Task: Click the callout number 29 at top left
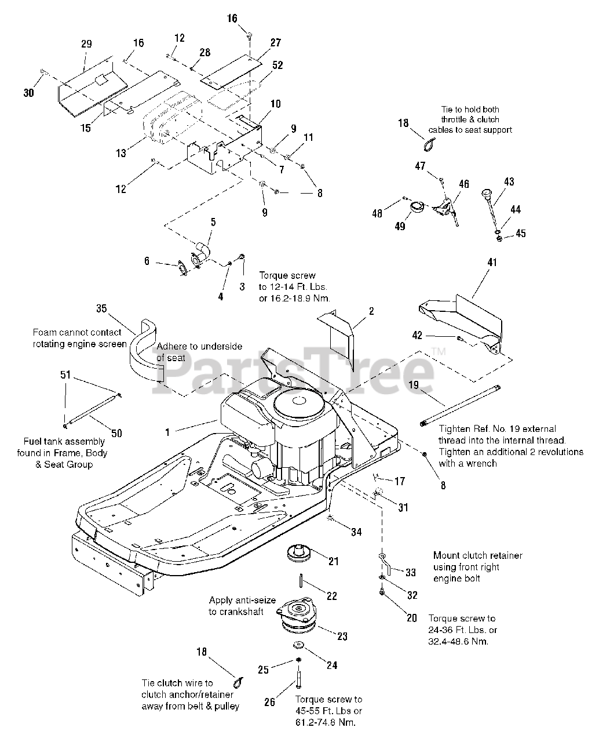tap(86, 44)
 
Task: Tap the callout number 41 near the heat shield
tap(492, 262)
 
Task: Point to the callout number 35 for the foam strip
tap(101, 308)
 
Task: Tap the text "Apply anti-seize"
tap(242, 601)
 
